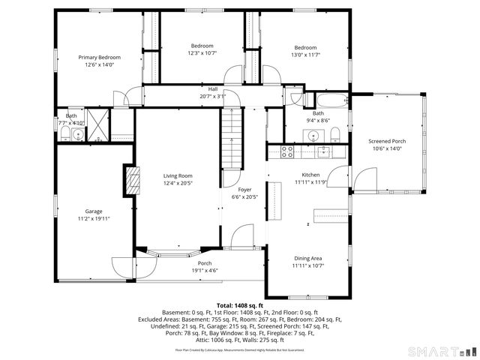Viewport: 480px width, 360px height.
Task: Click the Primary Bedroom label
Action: pyautogui.click(x=100, y=57)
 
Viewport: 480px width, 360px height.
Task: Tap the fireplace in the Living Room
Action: pyautogui.click(x=132, y=181)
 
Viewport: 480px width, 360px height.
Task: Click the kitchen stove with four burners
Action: pyautogui.click(x=286, y=151)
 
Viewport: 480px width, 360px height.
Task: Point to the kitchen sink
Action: pyautogui.click(x=324, y=151)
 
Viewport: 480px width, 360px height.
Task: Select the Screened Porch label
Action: pyautogui.click(x=388, y=141)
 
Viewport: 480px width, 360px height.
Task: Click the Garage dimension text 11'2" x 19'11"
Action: pyautogui.click(x=94, y=218)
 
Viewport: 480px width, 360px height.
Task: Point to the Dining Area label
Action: pyautogui.click(x=307, y=258)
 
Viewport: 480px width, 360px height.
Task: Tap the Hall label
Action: pyautogui.click(x=213, y=88)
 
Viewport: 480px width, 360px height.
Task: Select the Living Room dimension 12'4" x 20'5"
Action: pyautogui.click(x=178, y=183)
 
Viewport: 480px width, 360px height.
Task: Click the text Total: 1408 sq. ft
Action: pyautogui.click(x=239, y=306)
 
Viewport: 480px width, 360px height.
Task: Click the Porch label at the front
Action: pyautogui.click(x=205, y=263)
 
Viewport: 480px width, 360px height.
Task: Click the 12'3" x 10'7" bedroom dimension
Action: pyautogui.click(x=202, y=53)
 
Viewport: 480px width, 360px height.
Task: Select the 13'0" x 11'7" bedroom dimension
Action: pyautogui.click(x=305, y=53)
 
